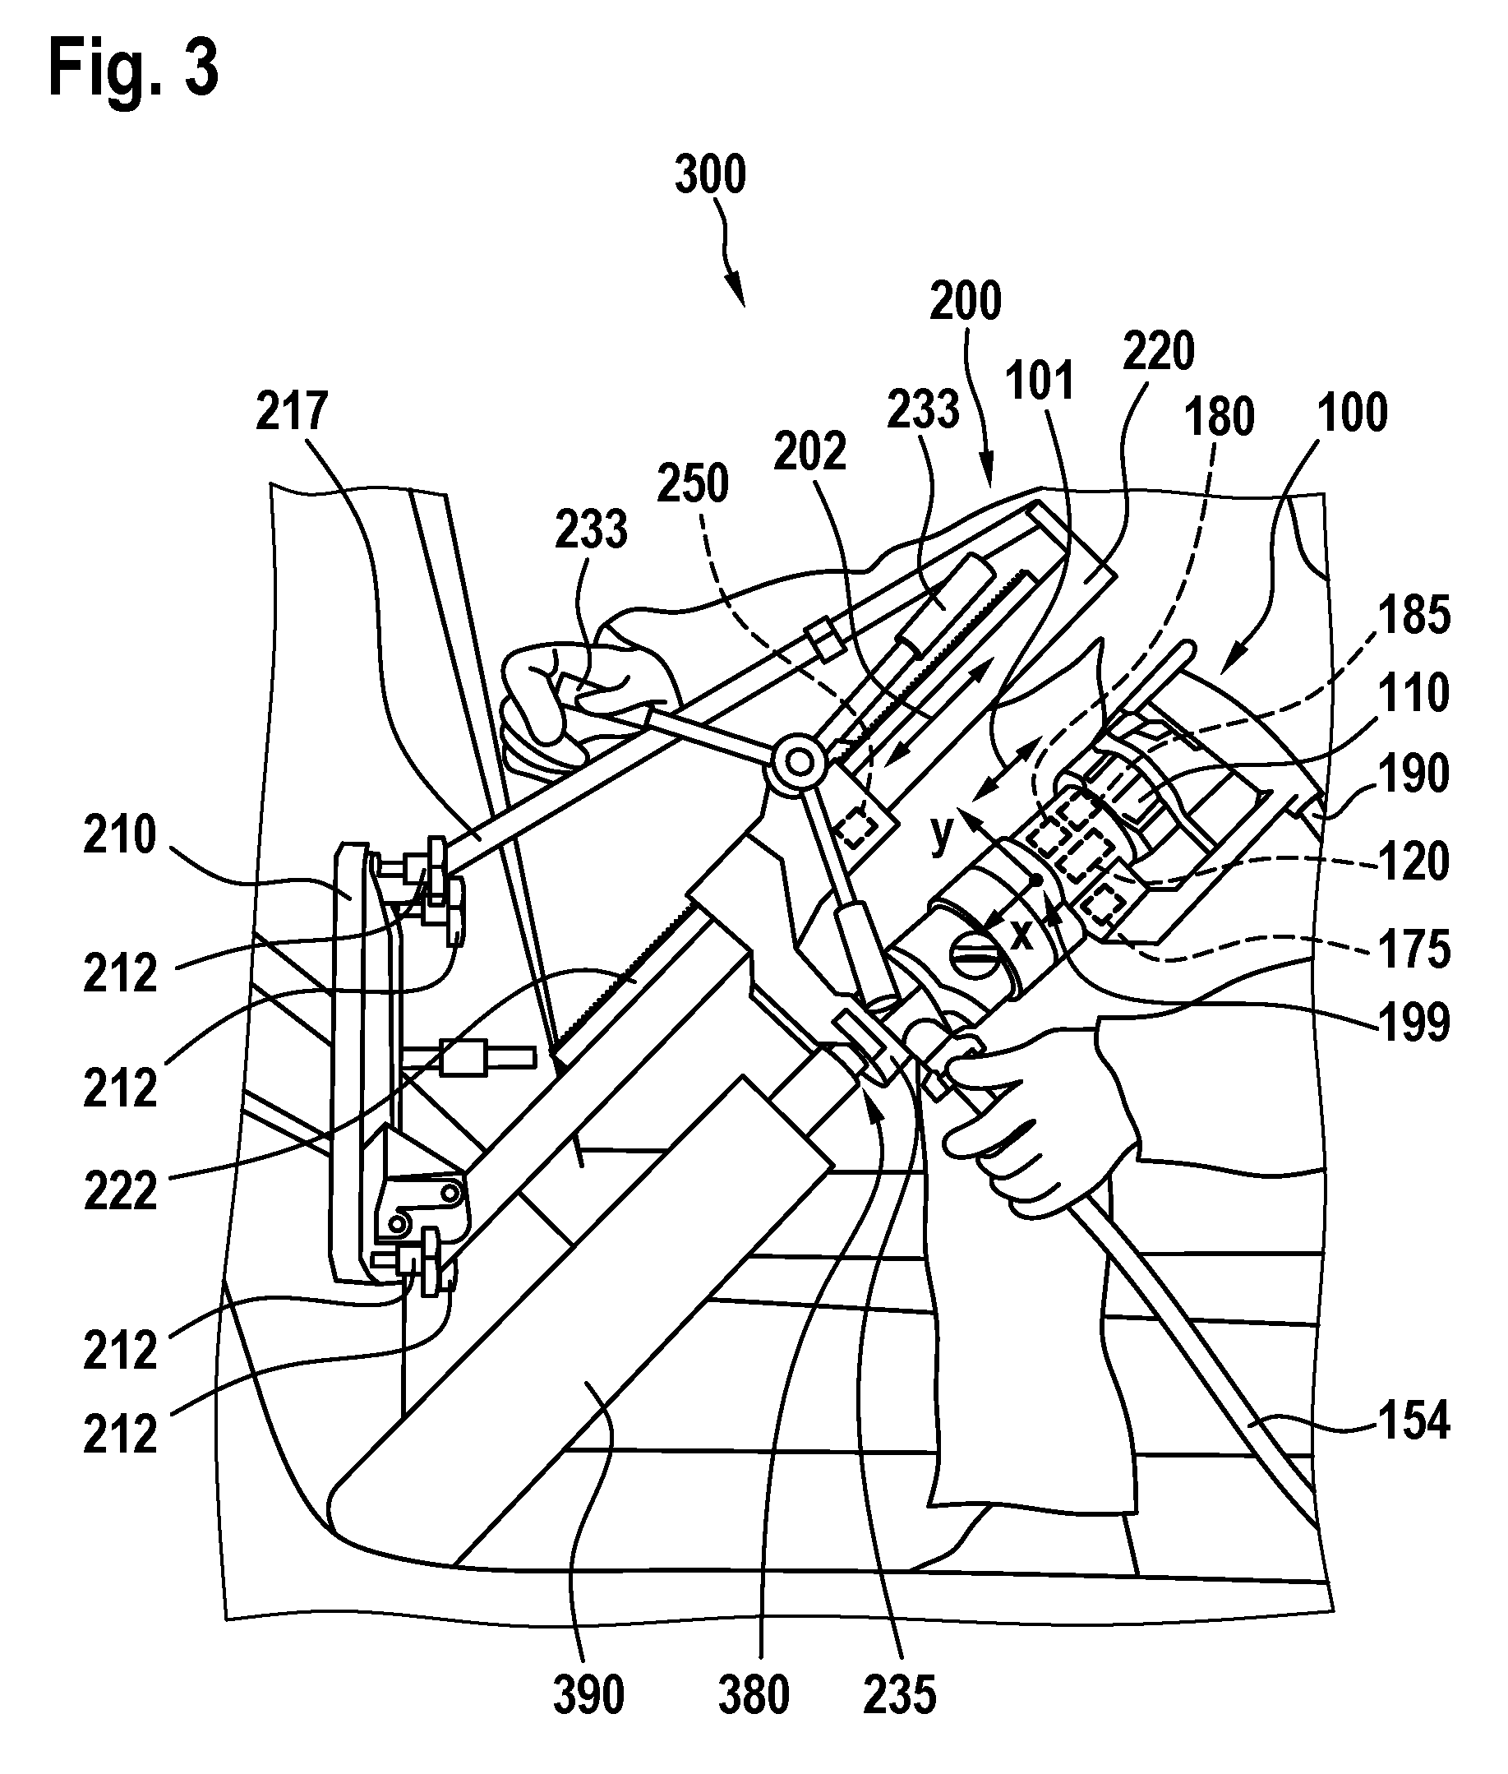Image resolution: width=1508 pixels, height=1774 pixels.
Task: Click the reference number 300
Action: [710, 174]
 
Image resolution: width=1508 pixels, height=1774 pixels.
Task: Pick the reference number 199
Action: [1414, 1023]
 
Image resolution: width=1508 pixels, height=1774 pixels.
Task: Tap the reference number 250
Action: [693, 484]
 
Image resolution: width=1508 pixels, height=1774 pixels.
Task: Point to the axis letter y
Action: [942, 835]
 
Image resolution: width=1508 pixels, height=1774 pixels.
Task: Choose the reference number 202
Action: [809, 451]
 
